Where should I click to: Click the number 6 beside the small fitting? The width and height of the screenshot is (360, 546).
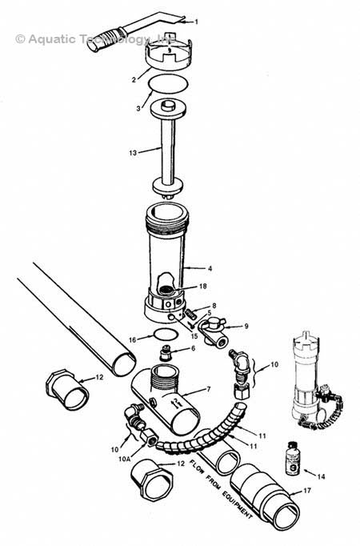point(191,349)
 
